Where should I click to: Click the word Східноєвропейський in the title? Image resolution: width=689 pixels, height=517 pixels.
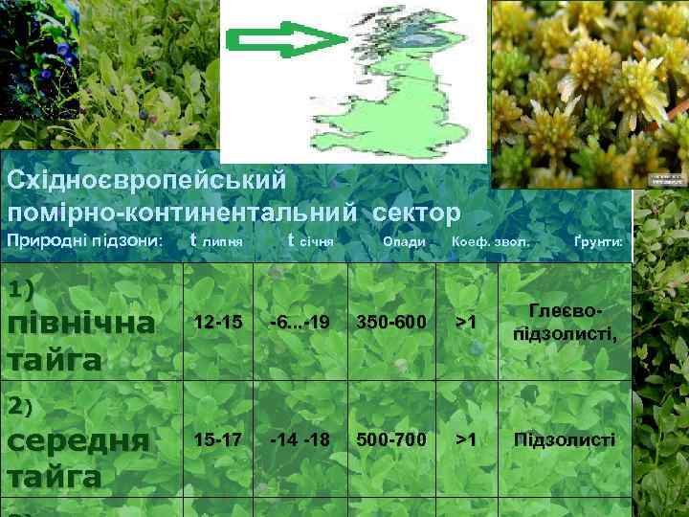[x=146, y=179]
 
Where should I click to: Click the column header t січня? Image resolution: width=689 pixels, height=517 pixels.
[x=310, y=241]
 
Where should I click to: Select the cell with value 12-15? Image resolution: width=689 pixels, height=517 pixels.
[x=217, y=323]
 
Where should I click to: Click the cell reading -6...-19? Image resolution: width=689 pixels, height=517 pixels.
[x=300, y=323]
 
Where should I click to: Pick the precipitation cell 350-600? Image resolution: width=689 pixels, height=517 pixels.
[x=390, y=323]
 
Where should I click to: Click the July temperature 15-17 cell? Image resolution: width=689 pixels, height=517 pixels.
[x=217, y=439]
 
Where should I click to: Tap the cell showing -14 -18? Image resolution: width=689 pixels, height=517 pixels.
[x=300, y=439]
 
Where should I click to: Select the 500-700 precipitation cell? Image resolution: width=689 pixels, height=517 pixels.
[x=390, y=439]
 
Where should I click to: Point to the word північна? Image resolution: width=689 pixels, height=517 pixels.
[x=80, y=324]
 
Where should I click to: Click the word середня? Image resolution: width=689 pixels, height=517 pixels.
[x=78, y=440]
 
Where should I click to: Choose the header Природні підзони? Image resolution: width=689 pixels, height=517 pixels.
[x=85, y=241]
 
